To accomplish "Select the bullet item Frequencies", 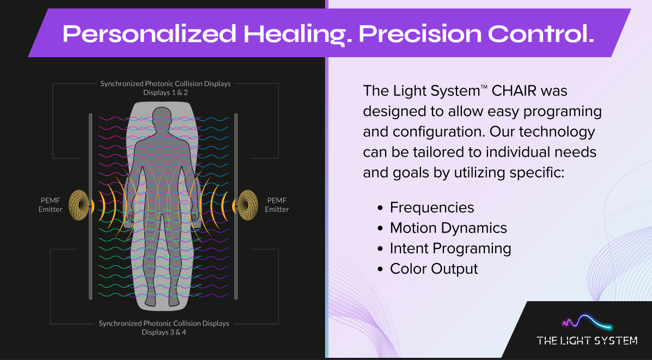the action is (432, 208).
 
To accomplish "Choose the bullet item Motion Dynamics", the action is (448, 228).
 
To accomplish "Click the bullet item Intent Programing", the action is (450, 249).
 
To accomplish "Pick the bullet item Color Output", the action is (434, 269).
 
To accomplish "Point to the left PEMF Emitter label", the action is (51, 205).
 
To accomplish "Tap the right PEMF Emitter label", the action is (277, 205).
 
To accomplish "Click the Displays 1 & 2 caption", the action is (165, 93).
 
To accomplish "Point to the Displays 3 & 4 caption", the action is (164, 332).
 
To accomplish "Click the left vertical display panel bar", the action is (90, 206).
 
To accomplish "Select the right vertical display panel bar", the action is (236, 206).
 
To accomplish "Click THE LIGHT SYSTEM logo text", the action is (587, 341).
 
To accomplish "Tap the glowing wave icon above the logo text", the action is (587, 322).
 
